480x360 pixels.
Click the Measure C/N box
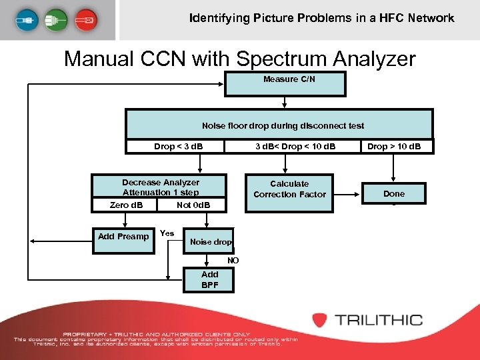[x=285, y=83]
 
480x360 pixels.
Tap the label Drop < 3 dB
[x=178, y=146]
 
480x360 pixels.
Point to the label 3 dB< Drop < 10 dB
[x=295, y=146]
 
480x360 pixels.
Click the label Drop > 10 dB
[x=394, y=146]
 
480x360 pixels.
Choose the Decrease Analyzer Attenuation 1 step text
[x=160, y=187]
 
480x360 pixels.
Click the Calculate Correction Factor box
[x=289, y=189]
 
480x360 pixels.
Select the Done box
[x=393, y=193]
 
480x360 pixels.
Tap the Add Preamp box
[x=123, y=237]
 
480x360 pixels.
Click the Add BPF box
[x=209, y=279]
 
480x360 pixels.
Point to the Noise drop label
[x=211, y=242]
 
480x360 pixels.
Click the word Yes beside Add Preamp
[x=167, y=233]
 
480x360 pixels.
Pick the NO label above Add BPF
[x=233, y=261]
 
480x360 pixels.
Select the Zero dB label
[x=126, y=205]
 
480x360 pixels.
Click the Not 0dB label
[x=193, y=205]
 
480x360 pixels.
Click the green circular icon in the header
[x=55, y=20]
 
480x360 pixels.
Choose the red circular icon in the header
[x=85, y=20]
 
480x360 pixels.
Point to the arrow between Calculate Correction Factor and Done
[x=347, y=194]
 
